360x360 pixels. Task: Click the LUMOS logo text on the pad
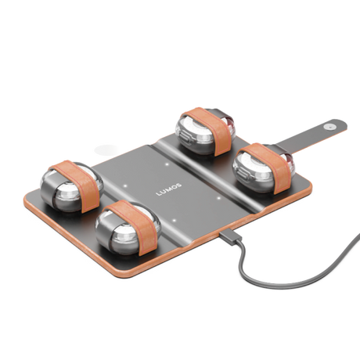[x=168, y=189]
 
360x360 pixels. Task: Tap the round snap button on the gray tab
[x=330, y=127]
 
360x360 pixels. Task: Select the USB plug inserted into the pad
[x=229, y=236]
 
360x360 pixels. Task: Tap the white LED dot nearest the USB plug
[x=175, y=221]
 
